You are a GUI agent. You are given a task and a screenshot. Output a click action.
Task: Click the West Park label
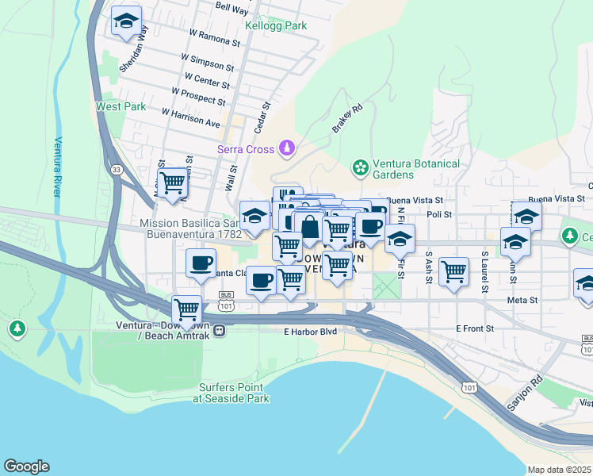pos(121,106)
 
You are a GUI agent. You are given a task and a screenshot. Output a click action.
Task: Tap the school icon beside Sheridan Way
pos(126,23)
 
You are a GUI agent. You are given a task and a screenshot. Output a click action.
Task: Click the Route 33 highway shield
pos(117,169)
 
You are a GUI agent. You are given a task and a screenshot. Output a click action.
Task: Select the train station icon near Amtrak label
pos(226,331)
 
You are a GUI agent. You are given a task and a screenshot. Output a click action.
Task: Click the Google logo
pos(26,466)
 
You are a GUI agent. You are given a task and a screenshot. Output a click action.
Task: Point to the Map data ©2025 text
pos(560,470)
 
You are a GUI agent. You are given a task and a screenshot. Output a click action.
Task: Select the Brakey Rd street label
pos(347,117)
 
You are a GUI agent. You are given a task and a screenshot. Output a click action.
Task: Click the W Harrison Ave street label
pos(190,118)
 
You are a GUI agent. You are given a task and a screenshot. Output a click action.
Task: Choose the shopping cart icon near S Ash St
pos(453,272)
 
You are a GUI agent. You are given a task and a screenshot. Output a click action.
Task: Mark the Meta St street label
pos(522,301)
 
